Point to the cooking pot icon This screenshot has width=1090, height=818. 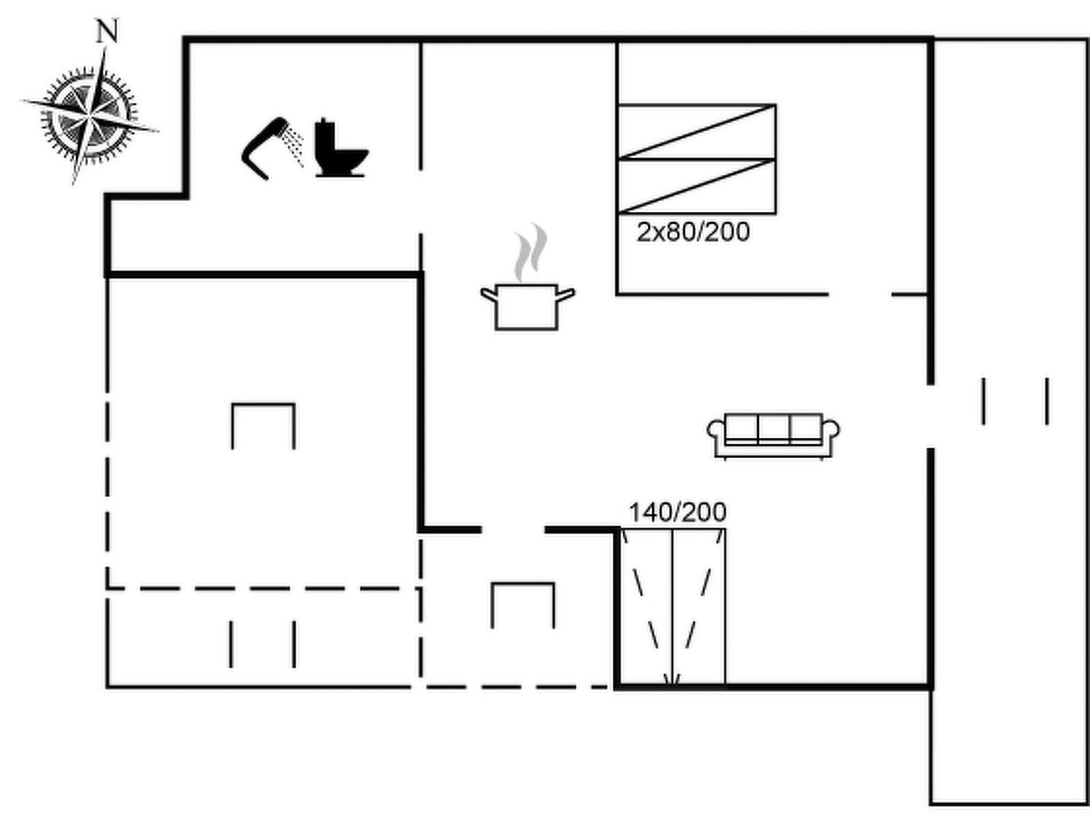coord(527,307)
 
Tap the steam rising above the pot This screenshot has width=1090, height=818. coord(530,252)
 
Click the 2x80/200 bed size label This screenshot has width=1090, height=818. coord(694,232)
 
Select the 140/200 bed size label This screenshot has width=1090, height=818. coord(677,512)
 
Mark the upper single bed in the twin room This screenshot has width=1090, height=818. coord(696,132)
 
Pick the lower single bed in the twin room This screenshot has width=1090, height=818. coord(696,187)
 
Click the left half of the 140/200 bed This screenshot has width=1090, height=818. coord(646,607)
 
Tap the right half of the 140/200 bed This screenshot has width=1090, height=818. coord(699,607)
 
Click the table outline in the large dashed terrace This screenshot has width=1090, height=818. coord(263,404)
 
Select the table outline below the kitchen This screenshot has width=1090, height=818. coord(523,584)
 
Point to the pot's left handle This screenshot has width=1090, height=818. coord(488,294)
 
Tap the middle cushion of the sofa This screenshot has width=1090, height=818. coord(773,427)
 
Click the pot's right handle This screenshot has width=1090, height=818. coord(566,294)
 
